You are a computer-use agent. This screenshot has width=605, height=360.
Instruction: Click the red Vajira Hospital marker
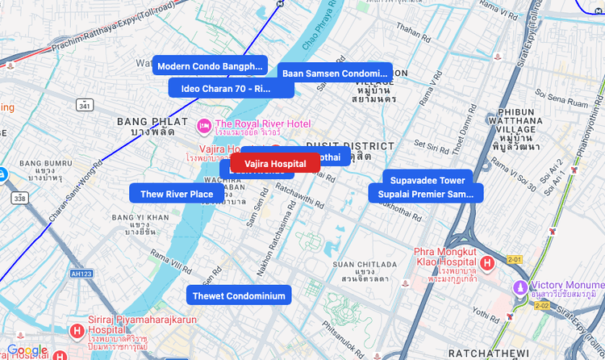tap(275, 164)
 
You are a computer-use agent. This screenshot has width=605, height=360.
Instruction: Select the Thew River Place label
tap(177, 194)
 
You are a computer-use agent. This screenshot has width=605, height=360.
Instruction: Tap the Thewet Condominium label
tap(239, 295)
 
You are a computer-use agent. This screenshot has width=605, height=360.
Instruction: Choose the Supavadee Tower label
tap(427, 180)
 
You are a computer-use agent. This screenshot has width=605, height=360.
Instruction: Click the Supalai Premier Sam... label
tap(426, 194)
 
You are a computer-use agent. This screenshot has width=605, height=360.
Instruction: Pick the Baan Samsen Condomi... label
tap(335, 73)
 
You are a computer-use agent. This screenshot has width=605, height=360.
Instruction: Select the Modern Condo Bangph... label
tap(209, 65)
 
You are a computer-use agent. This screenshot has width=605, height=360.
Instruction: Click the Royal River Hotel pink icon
tap(205, 125)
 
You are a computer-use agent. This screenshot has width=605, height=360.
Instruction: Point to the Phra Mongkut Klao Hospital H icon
tap(487, 263)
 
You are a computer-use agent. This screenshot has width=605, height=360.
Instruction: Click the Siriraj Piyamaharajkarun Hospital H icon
tap(76, 331)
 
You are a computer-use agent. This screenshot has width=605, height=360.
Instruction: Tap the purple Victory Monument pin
tap(521, 288)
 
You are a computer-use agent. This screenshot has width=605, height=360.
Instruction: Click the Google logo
tap(27, 350)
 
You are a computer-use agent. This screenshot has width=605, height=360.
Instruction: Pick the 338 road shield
tap(19, 198)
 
